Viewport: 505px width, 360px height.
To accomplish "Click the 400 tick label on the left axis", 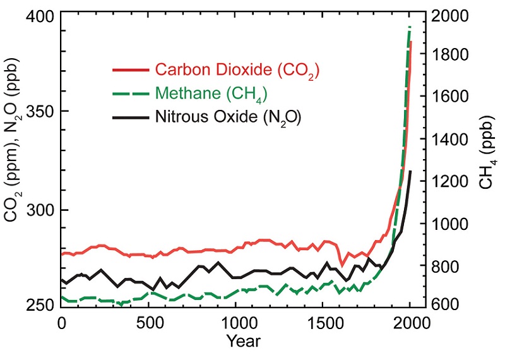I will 39,15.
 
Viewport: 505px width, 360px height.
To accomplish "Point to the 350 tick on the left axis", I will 39,112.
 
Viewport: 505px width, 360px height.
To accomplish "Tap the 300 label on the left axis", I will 39,209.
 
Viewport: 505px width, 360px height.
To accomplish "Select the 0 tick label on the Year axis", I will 61,323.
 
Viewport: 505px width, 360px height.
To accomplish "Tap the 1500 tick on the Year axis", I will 323,323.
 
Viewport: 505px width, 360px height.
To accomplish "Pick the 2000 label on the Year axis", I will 410,323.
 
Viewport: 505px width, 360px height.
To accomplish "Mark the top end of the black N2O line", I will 410,171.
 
